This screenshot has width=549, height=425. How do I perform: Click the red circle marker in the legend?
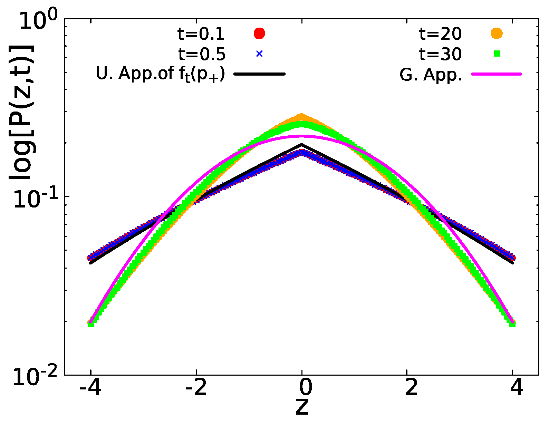259,33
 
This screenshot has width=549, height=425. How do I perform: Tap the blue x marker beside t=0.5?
259,54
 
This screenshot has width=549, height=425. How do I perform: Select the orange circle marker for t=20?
497,33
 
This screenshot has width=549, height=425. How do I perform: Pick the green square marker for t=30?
497,54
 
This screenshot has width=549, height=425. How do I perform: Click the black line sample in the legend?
259,74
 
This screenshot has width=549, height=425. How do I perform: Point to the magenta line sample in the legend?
497,74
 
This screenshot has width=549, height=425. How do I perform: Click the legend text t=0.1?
201,34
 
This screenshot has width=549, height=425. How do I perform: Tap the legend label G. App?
431,74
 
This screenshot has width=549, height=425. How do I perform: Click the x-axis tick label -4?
90,388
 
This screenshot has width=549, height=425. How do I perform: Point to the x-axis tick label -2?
196,388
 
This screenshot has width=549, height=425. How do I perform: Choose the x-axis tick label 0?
302,388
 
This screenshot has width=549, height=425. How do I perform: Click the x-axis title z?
302,407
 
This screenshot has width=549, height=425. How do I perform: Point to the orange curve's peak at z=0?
302,116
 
